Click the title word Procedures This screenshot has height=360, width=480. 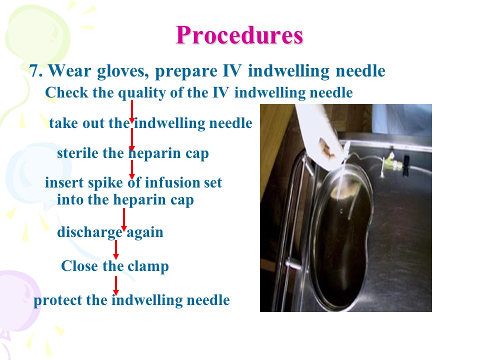(239, 35)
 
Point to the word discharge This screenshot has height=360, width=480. (89, 232)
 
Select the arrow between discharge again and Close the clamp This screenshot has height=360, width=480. (115, 250)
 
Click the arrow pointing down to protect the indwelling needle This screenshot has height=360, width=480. (115, 285)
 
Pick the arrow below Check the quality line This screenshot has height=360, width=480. (131, 111)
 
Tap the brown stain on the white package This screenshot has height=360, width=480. (326, 148)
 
